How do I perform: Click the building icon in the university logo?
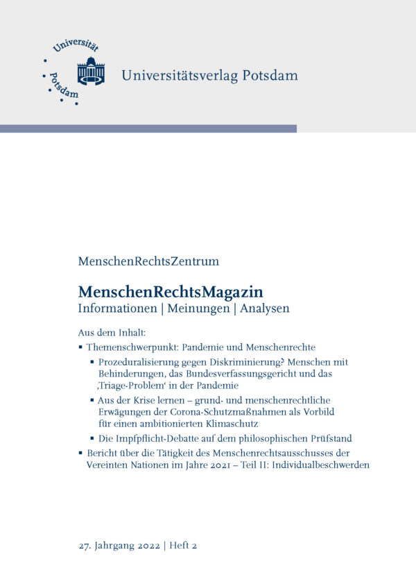pos(91,71)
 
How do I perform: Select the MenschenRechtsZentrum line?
pos(148,261)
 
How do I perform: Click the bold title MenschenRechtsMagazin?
pos(171,292)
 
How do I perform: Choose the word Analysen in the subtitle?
pos(264,309)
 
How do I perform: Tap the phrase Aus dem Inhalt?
pos(111,332)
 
